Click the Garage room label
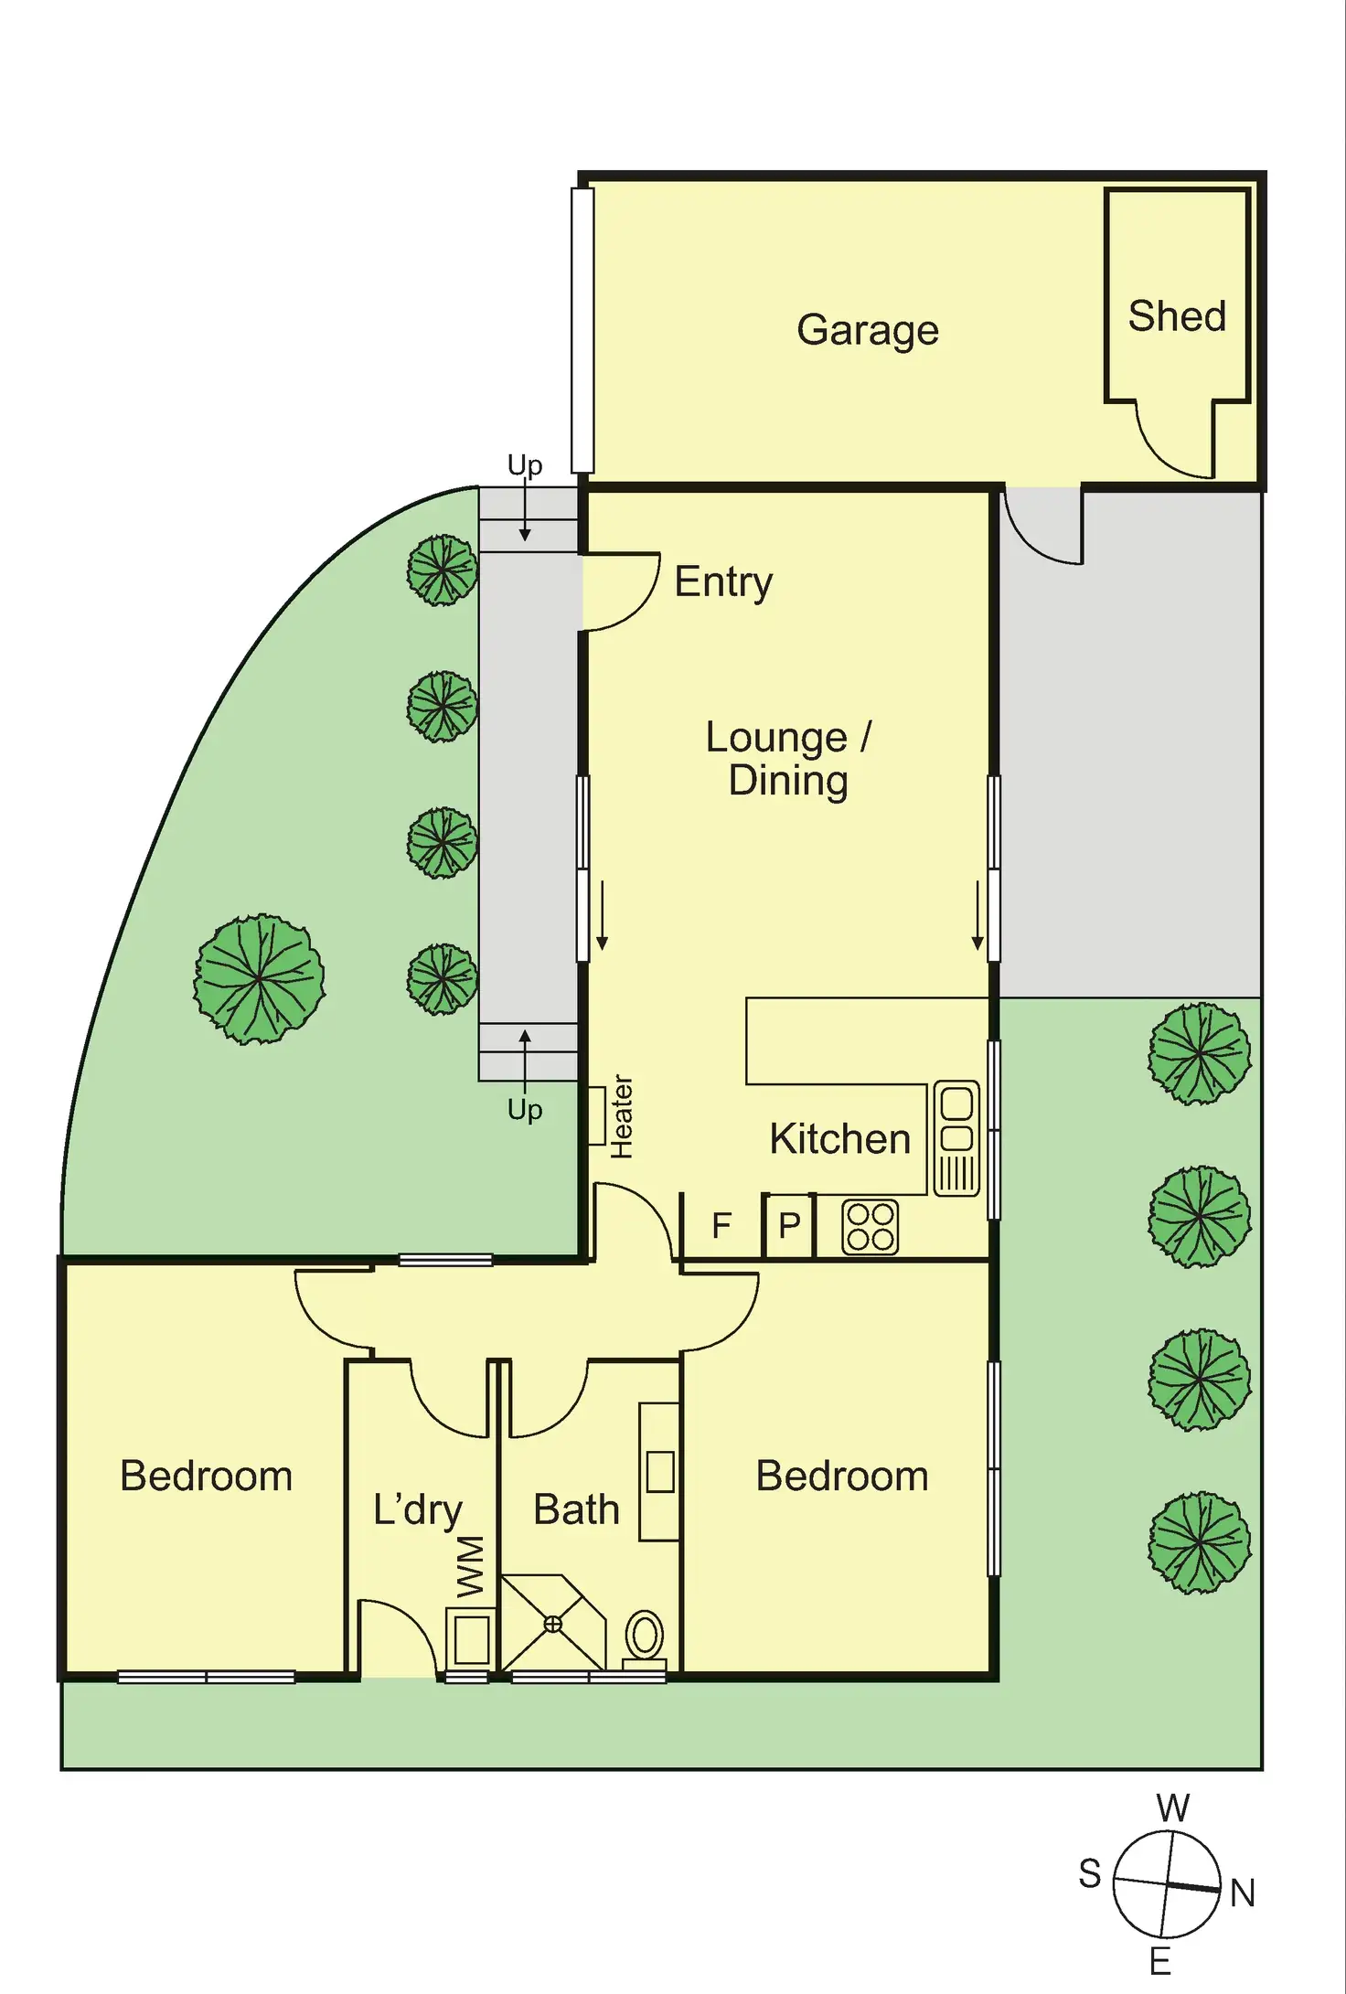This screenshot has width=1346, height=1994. (867, 330)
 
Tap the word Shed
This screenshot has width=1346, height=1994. (1176, 316)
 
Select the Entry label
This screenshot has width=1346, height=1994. (723, 582)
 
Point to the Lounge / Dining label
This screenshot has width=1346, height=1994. (788, 759)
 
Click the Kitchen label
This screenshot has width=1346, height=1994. (839, 1139)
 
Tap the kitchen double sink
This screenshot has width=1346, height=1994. (956, 1138)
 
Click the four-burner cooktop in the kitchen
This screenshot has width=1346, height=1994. (870, 1227)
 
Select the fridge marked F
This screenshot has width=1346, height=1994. (721, 1225)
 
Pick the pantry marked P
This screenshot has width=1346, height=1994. (789, 1225)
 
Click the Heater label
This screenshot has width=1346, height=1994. (622, 1116)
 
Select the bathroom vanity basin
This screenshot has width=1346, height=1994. (659, 1472)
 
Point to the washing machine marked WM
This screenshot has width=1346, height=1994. (472, 1638)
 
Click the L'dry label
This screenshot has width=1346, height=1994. (418, 1509)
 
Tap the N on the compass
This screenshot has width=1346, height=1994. (1242, 1893)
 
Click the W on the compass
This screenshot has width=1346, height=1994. (1172, 1808)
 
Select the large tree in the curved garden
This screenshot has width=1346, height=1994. (260, 978)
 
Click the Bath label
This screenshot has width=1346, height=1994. (576, 1509)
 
